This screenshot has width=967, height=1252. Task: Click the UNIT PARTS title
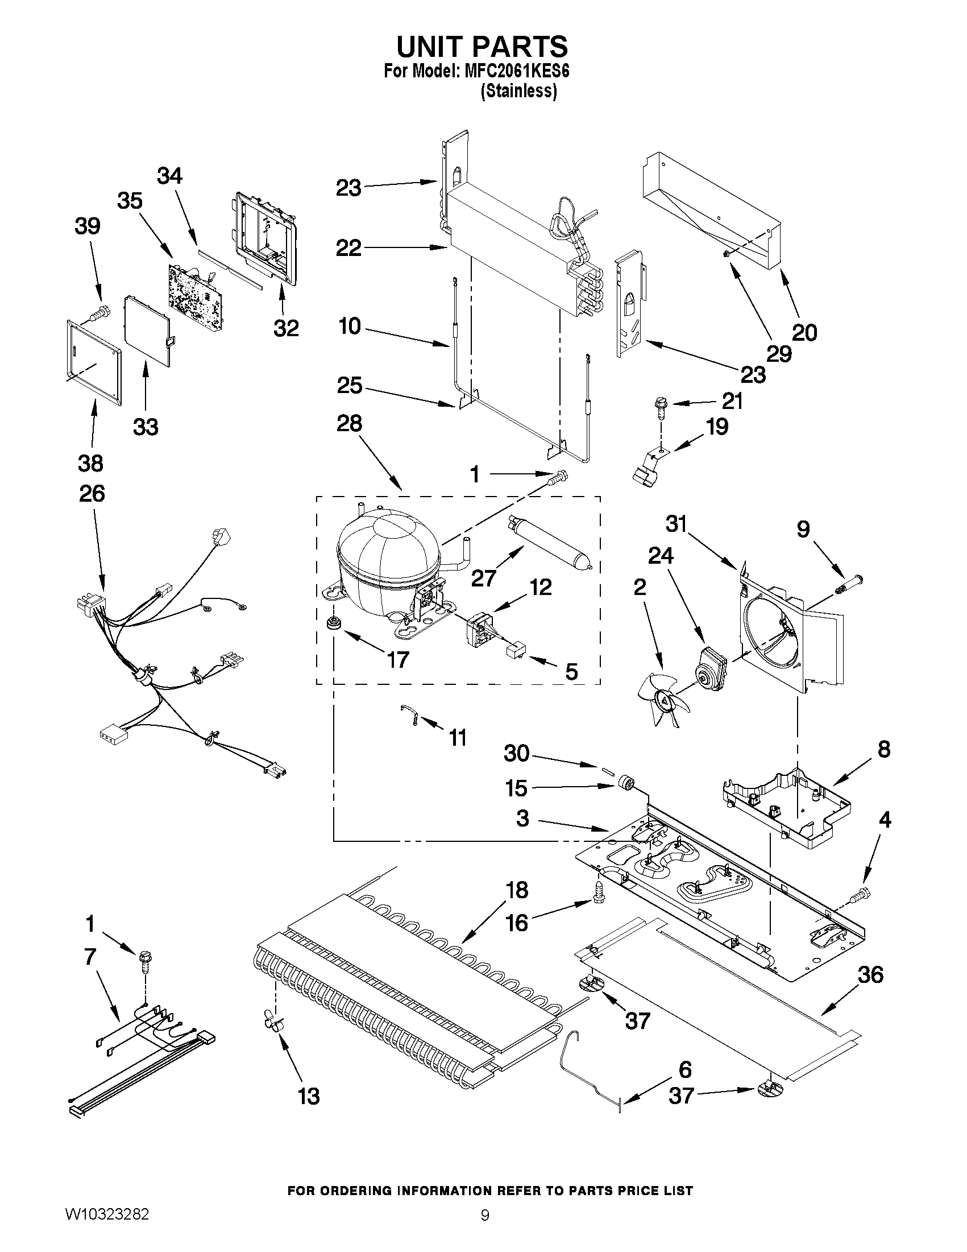pos(482,47)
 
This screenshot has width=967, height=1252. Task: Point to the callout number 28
pos(349,424)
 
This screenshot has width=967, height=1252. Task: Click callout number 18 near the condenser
pos(516,890)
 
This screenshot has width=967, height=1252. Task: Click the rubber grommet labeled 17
pos(331,623)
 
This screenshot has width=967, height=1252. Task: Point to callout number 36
pos(870,974)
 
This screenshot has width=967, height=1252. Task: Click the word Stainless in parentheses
pos(518,91)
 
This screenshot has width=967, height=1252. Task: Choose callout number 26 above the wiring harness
pos(92,494)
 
